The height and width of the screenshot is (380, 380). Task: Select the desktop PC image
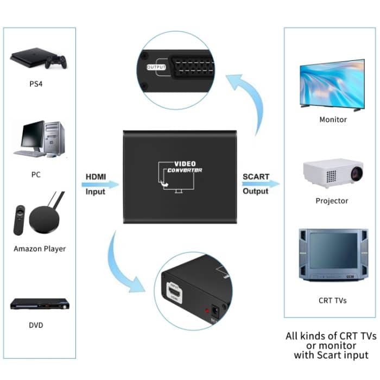click(x=42, y=139)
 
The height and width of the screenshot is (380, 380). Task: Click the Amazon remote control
click(x=19, y=219)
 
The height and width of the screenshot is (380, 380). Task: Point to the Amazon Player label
click(x=40, y=249)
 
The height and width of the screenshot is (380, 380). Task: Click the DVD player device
click(x=39, y=304)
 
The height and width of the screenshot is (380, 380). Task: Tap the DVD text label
click(x=36, y=325)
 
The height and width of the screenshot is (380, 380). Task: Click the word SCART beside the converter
click(x=256, y=176)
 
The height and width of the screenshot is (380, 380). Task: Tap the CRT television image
click(x=331, y=255)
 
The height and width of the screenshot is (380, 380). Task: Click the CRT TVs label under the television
click(x=332, y=300)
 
